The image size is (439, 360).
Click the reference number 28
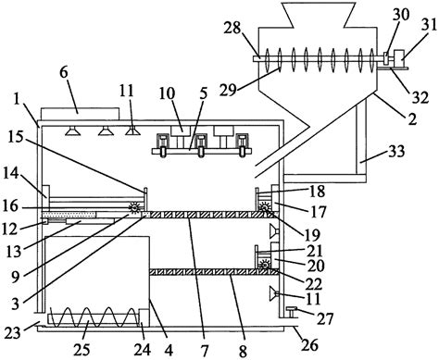pos(232,28)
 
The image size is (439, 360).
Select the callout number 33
pos(396,152)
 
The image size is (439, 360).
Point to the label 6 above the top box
pos(64,72)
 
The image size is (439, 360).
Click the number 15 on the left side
pos(16,137)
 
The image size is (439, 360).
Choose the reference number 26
pos(309,345)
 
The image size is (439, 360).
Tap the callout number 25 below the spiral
pos(82,350)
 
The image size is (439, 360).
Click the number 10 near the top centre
pos(167,93)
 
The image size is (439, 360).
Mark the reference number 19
pos(312,235)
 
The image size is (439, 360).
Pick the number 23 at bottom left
pos(12,333)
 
